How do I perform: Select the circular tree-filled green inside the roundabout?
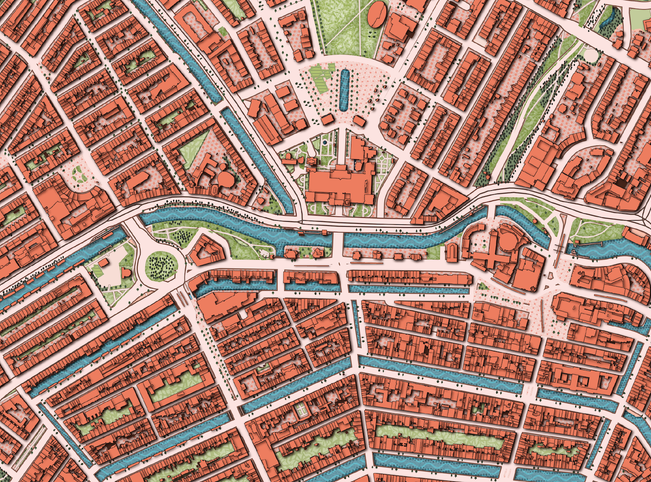point(162,265)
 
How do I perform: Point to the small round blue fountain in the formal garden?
point(327,144)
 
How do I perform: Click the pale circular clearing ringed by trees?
point(591,54)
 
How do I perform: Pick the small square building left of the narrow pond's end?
point(328,119)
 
